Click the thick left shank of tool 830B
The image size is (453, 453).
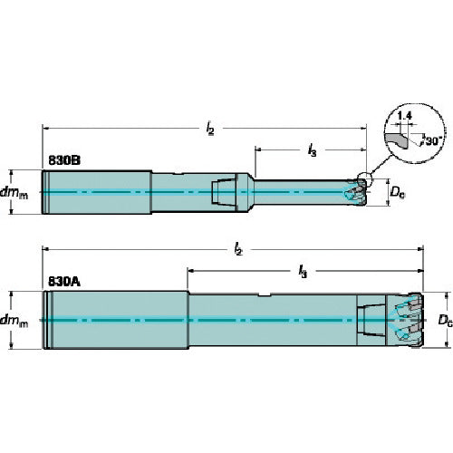pos(95,191)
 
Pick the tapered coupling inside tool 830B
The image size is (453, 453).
pos(223,191)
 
